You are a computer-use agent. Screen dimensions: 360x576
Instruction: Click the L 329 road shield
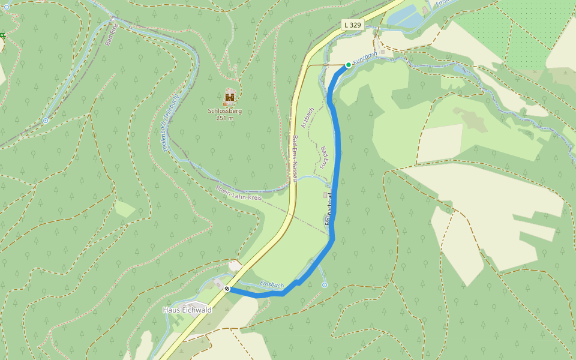(353, 25)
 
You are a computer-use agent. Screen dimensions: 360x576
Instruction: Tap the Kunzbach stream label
(365, 58)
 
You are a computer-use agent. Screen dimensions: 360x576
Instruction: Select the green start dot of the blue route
(349, 65)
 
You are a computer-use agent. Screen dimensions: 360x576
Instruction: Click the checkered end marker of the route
(227, 289)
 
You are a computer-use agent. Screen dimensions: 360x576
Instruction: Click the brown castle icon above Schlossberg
(230, 97)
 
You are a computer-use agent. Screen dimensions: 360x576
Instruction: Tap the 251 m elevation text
(224, 118)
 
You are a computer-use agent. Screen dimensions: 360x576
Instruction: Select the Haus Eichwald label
(187, 310)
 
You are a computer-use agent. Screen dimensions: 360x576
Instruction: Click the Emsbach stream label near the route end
(272, 284)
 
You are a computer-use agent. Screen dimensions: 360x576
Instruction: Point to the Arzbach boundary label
(308, 118)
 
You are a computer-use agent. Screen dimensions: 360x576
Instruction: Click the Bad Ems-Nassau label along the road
(295, 159)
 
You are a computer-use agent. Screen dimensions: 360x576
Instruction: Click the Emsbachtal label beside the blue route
(328, 213)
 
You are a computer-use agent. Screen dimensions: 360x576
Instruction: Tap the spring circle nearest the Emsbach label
(325, 284)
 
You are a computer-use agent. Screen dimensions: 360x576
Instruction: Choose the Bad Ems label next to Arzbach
(324, 157)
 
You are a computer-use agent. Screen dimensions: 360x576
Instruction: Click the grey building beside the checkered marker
(218, 282)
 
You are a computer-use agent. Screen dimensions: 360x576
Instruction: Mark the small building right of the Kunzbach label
(383, 52)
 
